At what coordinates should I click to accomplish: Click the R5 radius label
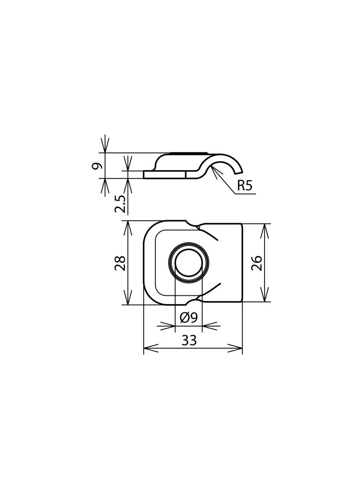[245, 186]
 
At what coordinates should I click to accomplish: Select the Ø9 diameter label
[188, 317]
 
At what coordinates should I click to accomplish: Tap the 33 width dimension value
[189, 340]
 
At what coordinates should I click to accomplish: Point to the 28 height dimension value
[120, 263]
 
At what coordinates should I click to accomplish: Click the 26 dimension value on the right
[257, 263]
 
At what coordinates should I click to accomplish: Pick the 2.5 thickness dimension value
[120, 204]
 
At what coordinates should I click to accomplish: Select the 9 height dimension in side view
[97, 165]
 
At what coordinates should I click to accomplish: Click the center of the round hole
[189, 263]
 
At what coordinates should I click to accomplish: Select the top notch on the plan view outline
[193, 224]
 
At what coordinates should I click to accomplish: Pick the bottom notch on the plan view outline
[193, 301]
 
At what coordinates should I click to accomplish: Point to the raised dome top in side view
[188, 155]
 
